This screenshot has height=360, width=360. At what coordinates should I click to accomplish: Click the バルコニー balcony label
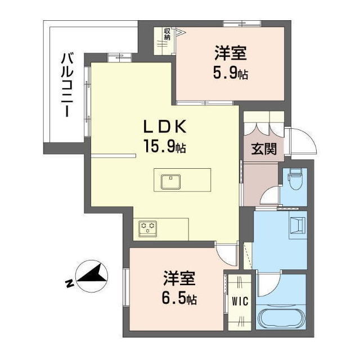coord(66,84)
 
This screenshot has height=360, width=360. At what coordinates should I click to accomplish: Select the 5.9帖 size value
coord(231,74)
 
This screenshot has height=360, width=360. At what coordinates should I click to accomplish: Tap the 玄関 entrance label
coord(263,149)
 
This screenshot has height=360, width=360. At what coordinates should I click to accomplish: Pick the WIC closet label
coord(240,300)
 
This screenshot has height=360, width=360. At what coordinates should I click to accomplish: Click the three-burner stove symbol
coord(148,228)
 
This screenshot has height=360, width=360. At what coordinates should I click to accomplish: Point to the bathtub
coord(281,319)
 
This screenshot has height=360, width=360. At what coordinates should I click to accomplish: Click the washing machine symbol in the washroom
coord(297,225)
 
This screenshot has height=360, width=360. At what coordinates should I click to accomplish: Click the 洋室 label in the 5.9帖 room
coord(231,55)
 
